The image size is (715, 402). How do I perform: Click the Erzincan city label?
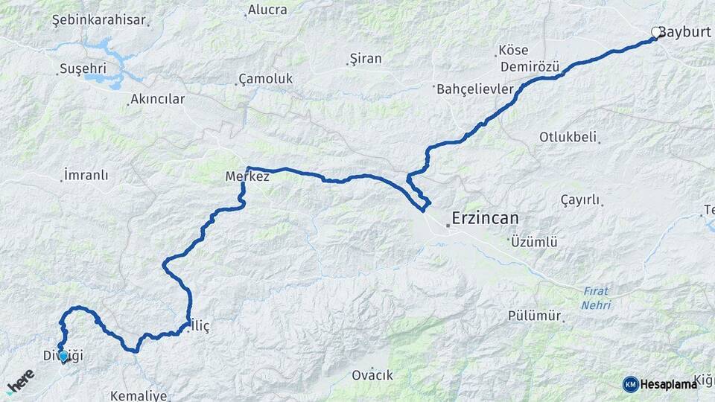click(x=485, y=219)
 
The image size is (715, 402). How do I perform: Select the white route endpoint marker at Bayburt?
click(x=656, y=33)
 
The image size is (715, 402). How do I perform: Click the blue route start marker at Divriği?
click(x=63, y=357)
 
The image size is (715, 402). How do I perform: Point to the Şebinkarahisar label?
click(x=98, y=20)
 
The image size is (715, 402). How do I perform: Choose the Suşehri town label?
click(x=80, y=69)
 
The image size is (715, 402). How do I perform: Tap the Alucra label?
click(x=267, y=10)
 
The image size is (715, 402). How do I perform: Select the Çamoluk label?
click(x=265, y=78)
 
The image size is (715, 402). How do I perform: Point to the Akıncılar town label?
click(x=157, y=98)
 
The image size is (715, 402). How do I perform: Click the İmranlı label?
click(x=86, y=176)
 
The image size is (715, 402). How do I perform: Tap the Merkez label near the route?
click(x=247, y=177)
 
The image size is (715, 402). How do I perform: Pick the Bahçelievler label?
click(x=474, y=89)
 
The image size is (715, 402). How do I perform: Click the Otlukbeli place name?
click(x=569, y=137)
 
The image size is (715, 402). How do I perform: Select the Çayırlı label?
click(x=579, y=200)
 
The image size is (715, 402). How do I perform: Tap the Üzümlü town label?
click(x=534, y=242)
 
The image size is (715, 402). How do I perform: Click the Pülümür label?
click(x=534, y=316)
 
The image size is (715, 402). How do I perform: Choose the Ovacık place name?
click(x=372, y=375)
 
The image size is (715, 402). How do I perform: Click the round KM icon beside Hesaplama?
click(x=631, y=384)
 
